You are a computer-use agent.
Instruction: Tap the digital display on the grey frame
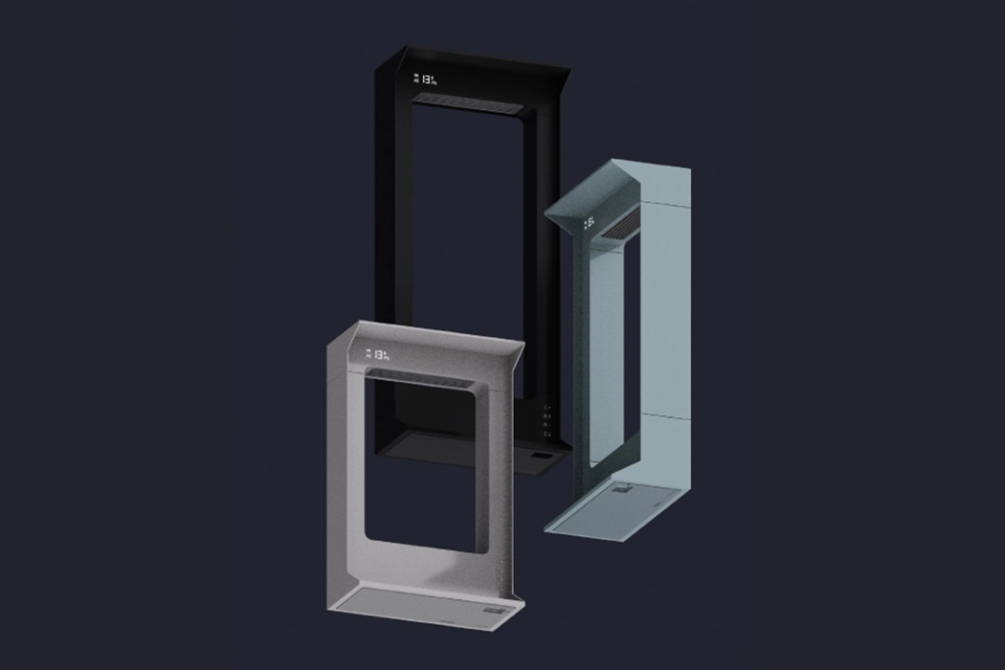pyautogui.click(x=379, y=355)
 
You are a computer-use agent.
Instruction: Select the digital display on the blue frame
pyautogui.click(x=591, y=225)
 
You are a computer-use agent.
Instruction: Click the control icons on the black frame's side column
pyautogui.click(x=547, y=423)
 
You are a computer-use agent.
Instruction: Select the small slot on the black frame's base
pyautogui.click(x=539, y=458)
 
